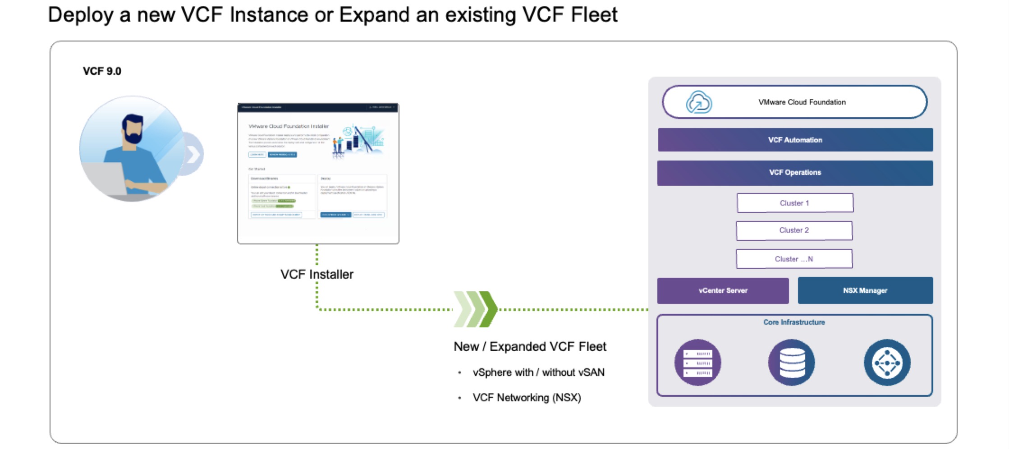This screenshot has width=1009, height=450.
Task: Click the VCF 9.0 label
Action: tap(102, 71)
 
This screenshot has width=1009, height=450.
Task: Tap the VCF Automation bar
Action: tap(795, 140)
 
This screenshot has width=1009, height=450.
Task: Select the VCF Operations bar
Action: tap(795, 173)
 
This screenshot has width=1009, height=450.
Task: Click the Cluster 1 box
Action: tap(794, 203)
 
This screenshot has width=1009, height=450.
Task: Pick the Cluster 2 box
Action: tap(794, 230)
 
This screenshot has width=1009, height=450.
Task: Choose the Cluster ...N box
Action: tap(794, 259)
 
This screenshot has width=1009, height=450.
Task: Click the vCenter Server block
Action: tap(723, 290)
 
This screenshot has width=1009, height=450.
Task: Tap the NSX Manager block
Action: tap(865, 290)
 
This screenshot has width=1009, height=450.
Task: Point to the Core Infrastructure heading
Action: tap(794, 322)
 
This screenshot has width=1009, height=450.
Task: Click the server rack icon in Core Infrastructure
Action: tap(697, 363)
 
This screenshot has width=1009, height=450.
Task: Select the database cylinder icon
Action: tap(792, 363)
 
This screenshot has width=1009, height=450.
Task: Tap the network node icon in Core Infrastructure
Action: tap(887, 363)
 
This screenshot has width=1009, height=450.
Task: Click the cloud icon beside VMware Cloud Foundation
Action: tap(699, 102)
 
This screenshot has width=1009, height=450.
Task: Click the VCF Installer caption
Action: tap(316, 274)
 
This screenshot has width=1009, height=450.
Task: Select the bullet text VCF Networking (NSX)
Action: tap(527, 398)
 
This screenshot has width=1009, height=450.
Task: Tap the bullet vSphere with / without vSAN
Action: tap(538, 372)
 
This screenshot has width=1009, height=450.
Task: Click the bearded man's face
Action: tap(133, 131)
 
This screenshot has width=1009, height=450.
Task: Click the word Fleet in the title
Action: tap(594, 14)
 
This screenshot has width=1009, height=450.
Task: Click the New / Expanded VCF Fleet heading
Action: tap(530, 346)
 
